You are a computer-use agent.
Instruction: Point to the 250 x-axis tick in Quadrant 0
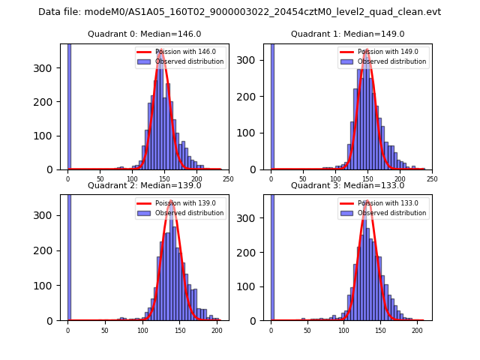tap(228, 178)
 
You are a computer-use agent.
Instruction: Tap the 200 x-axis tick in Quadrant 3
tap(417, 330)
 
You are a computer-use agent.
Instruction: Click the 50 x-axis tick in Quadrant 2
tap(104, 330)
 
